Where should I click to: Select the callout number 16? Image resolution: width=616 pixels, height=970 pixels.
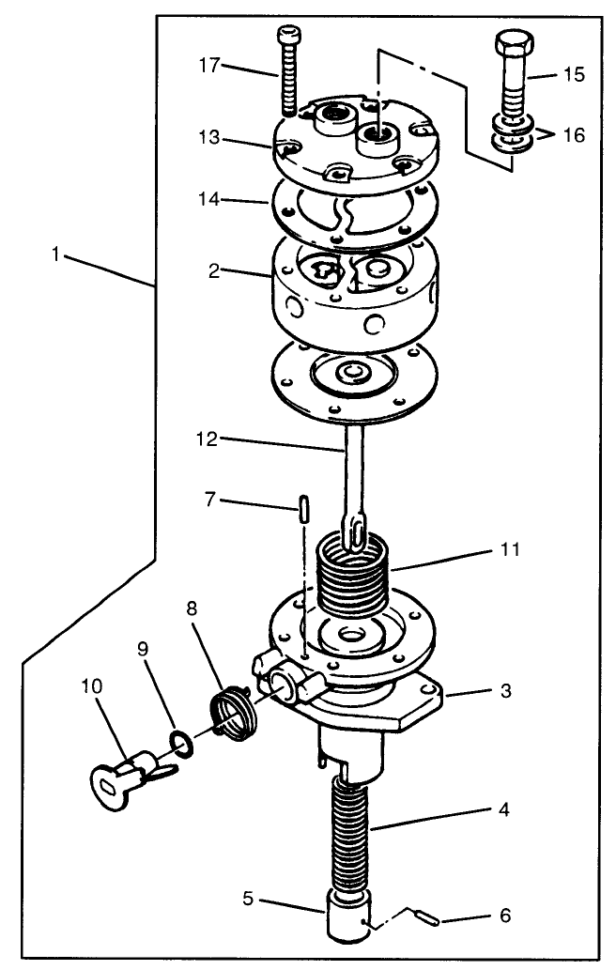coord(573,135)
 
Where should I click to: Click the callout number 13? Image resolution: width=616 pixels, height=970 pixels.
coord(212,137)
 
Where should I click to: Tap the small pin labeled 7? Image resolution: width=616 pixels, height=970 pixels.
coord(304,507)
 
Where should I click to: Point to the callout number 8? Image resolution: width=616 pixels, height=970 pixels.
coord(192,608)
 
